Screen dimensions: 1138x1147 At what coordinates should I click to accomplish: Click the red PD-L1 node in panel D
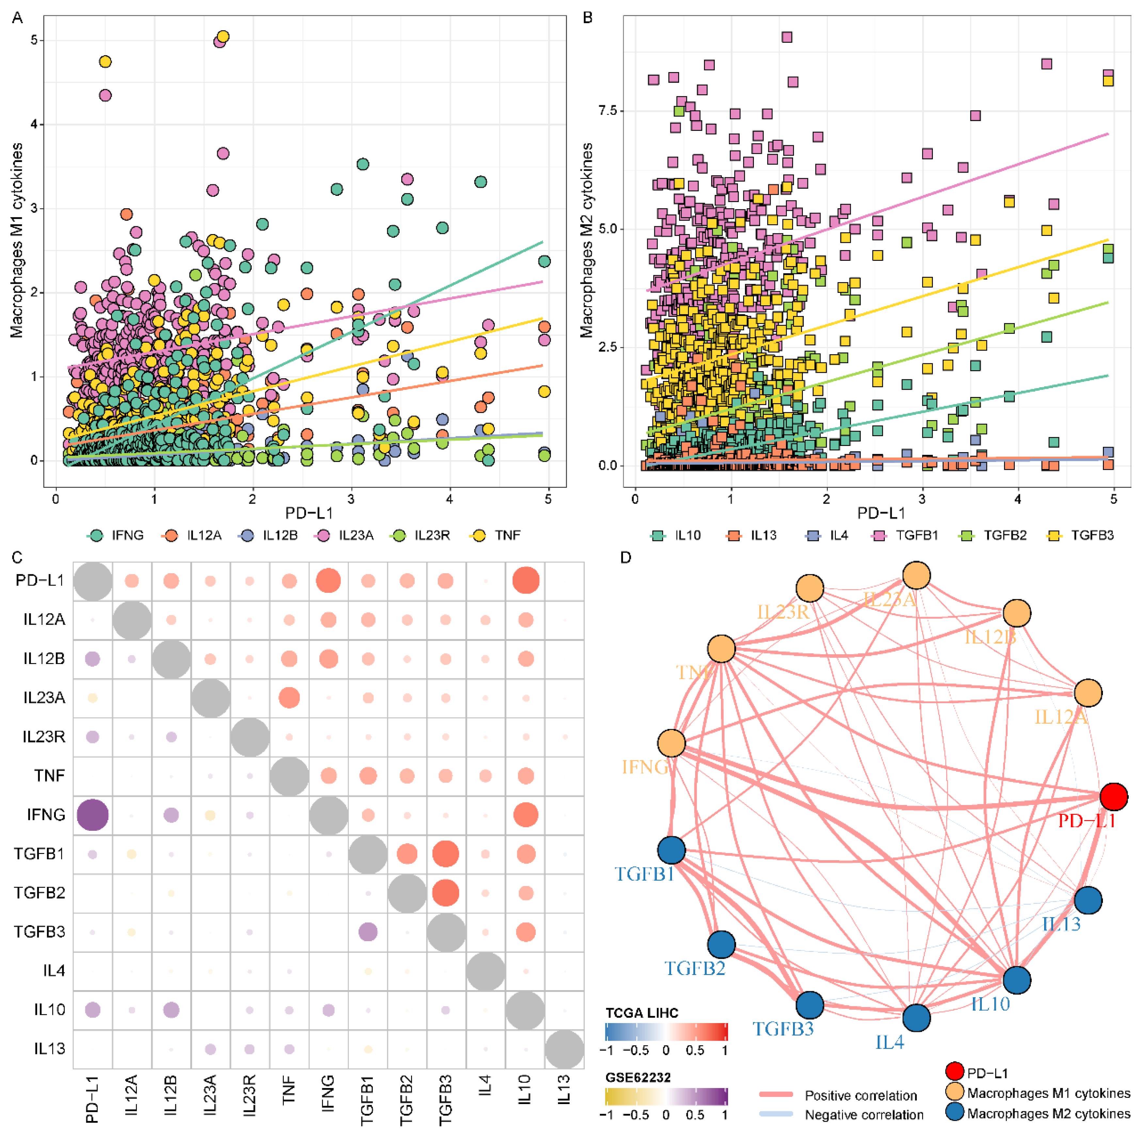[x=1113, y=797]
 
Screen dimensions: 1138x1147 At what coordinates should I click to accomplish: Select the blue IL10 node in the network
[x=1016, y=979]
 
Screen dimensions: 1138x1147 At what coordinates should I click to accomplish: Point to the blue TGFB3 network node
[x=809, y=1005]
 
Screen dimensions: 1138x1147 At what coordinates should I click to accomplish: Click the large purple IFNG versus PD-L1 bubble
[x=93, y=814]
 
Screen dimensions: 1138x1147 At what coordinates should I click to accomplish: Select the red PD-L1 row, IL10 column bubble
[x=525, y=580]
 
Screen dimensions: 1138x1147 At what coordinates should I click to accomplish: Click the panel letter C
[x=17, y=557]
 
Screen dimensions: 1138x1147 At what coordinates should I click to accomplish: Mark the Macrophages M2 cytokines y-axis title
[x=587, y=240]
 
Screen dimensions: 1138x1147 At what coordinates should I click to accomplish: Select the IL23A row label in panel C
[x=44, y=698]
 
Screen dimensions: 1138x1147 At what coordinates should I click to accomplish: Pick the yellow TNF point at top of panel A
[x=223, y=37]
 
